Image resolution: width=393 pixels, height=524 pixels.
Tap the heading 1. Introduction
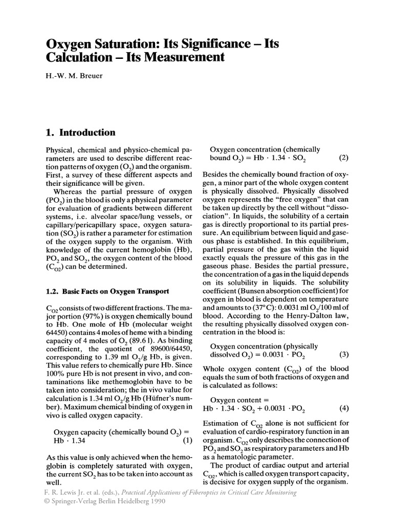tap(81, 133)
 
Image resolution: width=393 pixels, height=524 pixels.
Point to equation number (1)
tap(187, 440)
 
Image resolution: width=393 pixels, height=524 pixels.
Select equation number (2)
tap(344, 158)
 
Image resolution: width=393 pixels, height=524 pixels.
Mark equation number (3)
tap(344, 354)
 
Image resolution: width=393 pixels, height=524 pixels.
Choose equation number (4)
tap(344, 408)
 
